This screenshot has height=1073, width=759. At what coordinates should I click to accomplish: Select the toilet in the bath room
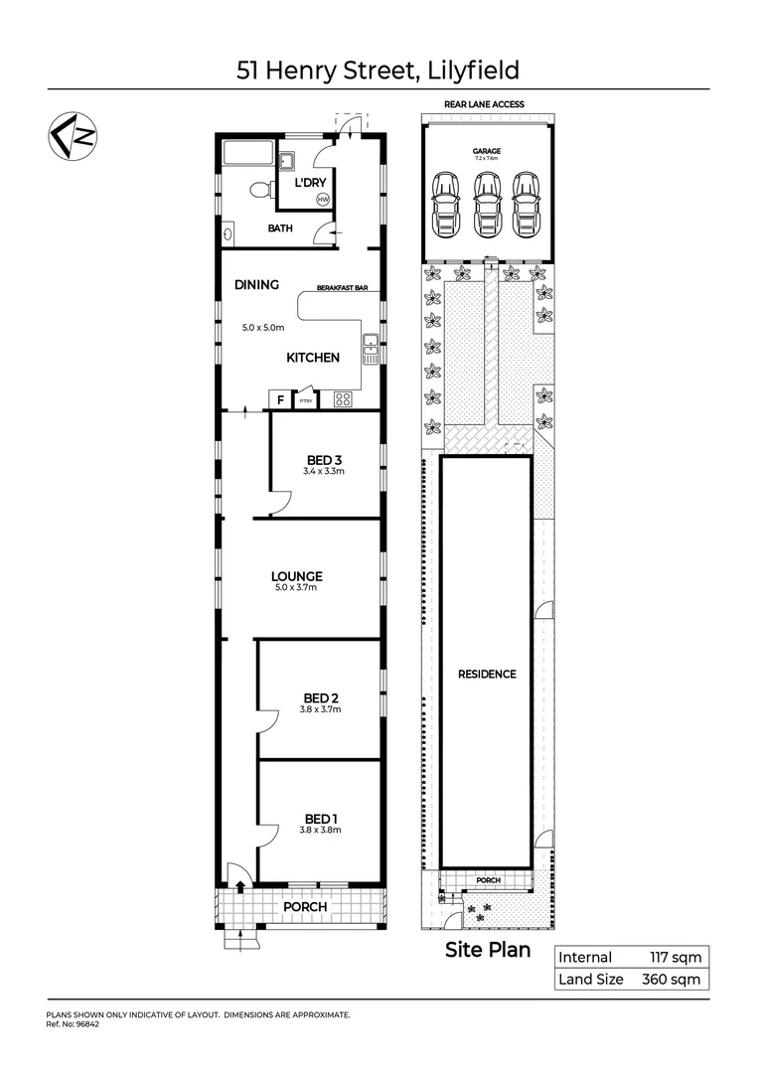(x=259, y=190)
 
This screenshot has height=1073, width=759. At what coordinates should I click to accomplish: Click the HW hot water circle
(x=322, y=200)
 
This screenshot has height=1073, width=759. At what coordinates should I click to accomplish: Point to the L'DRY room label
(x=310, y=181)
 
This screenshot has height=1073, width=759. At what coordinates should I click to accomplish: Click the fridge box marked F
(x=281, y=400)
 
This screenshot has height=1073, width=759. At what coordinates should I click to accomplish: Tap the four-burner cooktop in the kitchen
(x=343, y=399)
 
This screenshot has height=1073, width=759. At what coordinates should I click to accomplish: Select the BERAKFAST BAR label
(x=343, y=287)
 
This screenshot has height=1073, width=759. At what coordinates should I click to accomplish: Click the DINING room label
(x=256, y=285)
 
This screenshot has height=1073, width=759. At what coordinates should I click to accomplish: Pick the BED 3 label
(x=324, y=459)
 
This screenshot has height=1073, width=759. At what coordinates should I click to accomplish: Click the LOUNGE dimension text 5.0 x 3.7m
(x=297, y=588)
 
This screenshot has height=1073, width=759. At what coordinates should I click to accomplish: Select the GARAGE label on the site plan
(x=487, y=151)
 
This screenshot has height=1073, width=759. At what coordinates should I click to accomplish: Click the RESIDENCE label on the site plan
(x=487, y=674)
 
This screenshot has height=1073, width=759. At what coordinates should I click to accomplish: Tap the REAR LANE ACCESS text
(x=486, y=104)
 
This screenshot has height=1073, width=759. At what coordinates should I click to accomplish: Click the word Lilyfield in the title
(x=467, y=71)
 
